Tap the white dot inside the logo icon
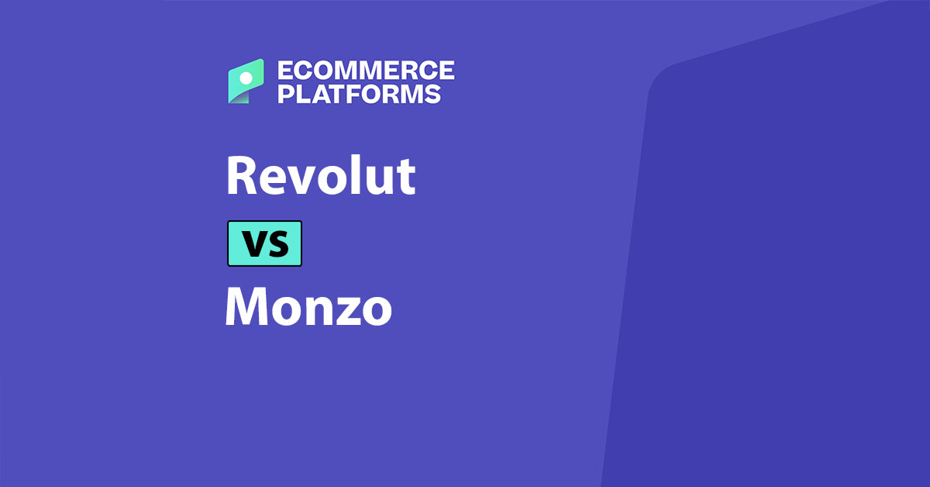246,78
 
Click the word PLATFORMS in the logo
359,94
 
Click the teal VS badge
264,243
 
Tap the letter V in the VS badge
253,244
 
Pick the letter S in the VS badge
277,244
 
